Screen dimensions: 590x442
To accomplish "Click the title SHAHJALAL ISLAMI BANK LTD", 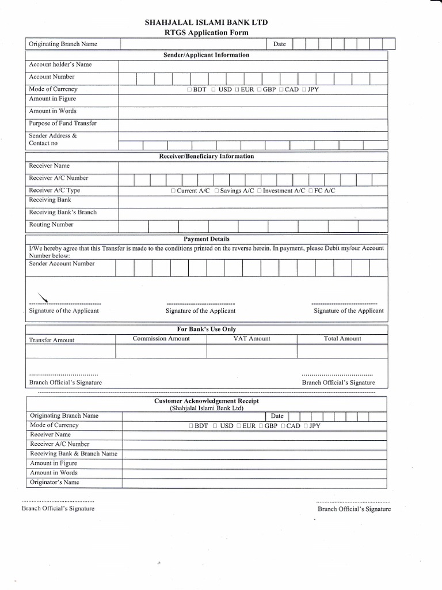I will (207, 22).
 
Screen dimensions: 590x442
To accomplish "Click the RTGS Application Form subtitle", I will (207, 33).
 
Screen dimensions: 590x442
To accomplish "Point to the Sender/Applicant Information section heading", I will (207, 55).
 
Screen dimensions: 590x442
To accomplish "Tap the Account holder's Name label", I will (60, 65).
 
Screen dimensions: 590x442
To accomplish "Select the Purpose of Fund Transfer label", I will (63, 123).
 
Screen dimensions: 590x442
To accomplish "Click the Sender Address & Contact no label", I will (53, 139).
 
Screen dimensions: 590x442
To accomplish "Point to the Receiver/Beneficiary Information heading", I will (207, 156).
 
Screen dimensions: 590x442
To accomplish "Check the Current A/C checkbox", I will (173, 191).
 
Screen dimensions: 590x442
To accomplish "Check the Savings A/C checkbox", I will (216, 191).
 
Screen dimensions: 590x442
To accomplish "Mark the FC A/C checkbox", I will (310, 191).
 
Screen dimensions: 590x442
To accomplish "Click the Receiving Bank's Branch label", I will (63, 212).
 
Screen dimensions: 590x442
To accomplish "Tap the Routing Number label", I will (51, 225).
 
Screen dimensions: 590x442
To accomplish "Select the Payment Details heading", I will (207, 239).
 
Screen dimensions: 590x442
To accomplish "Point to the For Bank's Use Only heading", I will (207, 329).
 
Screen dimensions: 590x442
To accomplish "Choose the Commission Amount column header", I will (161, 339).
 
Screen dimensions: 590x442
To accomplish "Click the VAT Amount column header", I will (252, 339).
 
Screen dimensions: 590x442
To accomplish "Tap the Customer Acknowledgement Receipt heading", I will (207, 400).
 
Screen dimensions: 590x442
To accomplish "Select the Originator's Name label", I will (55, 482).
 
